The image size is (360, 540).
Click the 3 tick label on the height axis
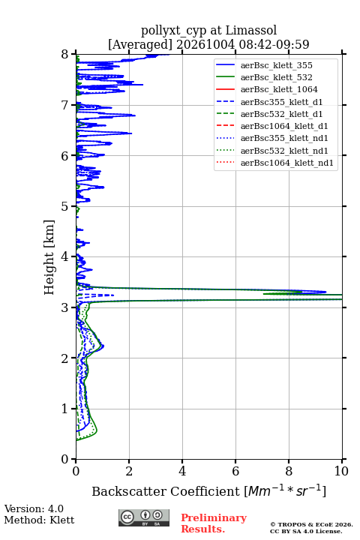tap(64, 307)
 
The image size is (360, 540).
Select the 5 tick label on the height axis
tap(64, 206)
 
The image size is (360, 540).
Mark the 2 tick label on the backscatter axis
tap(129, 471)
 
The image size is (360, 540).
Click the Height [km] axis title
tap(49, 257)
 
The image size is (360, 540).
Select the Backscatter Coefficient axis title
tap(208, 490)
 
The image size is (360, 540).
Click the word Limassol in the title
tap(250, 31)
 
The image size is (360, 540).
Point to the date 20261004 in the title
tap(205, 44)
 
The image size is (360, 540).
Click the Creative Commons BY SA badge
tap(144, 518)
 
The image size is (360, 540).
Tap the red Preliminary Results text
tap(214, 523)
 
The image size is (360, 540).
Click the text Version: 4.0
tap(34, 508)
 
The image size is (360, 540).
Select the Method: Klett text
tap(39, 520)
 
